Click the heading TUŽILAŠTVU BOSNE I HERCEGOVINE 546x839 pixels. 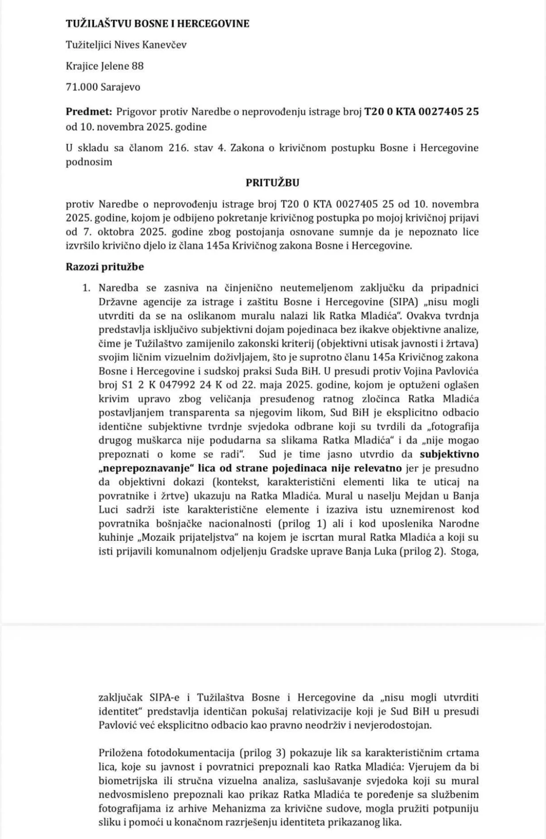157,23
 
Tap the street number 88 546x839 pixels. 137,66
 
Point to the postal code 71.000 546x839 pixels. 81,87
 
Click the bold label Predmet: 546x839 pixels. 89,111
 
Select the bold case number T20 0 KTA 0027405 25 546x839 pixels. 421,111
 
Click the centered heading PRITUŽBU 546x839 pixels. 272,183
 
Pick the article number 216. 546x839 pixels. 176,148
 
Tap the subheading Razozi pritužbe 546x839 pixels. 105,267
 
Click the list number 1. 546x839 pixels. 86,288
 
